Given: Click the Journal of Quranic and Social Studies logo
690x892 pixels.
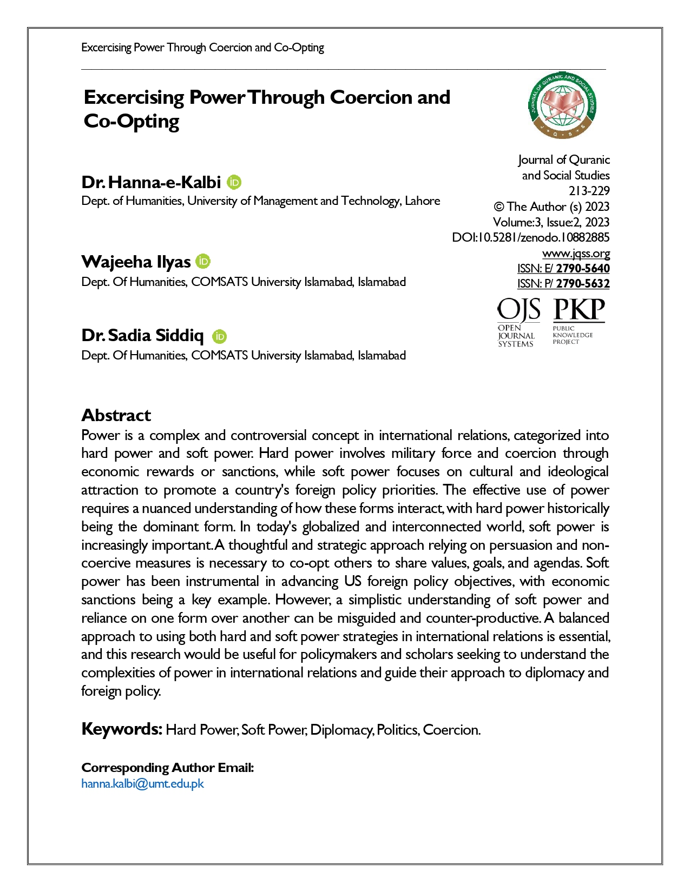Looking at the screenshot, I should click(562, 105).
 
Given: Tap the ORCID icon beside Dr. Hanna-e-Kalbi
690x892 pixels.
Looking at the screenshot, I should click(234, 183).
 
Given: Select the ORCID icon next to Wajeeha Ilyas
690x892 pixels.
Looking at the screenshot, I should click(203, 262).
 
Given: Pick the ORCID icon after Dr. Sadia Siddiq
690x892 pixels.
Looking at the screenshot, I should click(219, 336).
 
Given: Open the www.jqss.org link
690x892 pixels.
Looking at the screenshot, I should click(576, 254).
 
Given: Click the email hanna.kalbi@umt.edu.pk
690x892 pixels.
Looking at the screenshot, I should click(142, 784).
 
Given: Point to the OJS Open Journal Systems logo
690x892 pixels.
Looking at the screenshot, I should click(518, 322).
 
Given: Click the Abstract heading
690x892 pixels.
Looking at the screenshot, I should click(116, 415).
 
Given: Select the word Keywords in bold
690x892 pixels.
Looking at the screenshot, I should click(122, 729).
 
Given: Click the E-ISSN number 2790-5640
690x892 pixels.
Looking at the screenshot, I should click(583, 269).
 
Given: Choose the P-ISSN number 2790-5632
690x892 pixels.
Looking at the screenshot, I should click(583, 284).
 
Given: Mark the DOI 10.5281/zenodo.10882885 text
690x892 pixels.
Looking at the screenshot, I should click(530, 237).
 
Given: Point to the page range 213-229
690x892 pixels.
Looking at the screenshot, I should click(589, 191).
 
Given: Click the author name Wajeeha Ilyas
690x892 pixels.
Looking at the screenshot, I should click(136, 262).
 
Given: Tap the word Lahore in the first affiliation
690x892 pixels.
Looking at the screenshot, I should click(423, 201).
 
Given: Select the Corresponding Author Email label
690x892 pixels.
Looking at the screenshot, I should click(167, 768).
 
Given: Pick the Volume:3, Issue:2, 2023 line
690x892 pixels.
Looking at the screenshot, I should click(551, 222).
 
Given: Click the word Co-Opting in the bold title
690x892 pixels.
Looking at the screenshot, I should click(132, 121).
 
